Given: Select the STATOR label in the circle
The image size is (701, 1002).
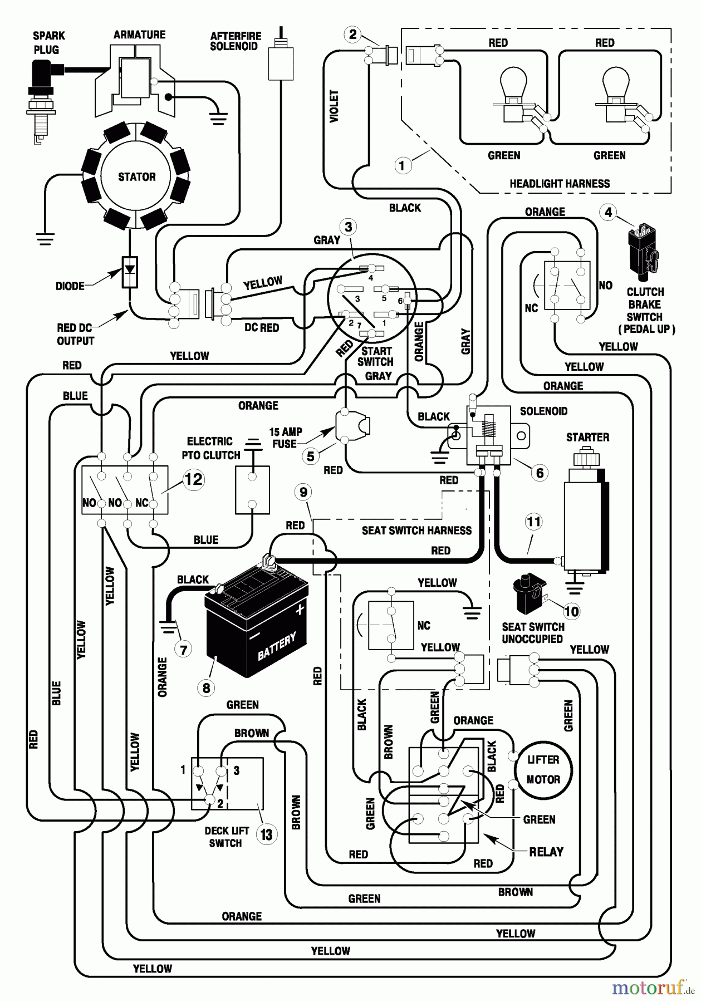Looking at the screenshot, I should (x=136, y=177).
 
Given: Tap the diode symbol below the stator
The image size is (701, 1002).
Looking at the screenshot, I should (x=130, y=271).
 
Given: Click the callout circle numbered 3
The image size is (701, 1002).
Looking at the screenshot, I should (x=349, y=227).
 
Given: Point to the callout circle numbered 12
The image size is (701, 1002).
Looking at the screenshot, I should (x=193, y=479).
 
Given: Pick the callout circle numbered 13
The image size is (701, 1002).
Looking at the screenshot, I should (x=267, y=834).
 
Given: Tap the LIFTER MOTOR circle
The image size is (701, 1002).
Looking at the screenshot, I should (x=543, y=770).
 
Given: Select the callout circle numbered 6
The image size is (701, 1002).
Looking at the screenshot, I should (x=539, y=473).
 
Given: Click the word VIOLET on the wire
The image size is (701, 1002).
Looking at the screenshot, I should (x=334, y=106).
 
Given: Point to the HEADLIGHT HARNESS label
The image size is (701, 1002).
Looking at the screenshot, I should (x=559, y=184).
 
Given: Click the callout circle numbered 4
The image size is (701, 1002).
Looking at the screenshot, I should (x=608, y=212).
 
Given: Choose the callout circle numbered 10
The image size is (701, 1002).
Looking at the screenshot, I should (x=571, y=611).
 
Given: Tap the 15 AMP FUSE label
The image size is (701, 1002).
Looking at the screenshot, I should (x=285, y=438).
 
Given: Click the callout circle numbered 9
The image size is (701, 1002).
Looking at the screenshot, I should (x=303, y=492).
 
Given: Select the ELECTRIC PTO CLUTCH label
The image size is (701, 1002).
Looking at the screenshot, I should (x=210, y=448).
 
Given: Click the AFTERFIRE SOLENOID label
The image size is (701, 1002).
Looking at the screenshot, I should (x=235, y=41).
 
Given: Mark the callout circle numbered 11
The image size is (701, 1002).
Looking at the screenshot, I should (x=533, y=522).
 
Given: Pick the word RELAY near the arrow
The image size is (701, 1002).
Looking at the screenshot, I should (x=546, y=852).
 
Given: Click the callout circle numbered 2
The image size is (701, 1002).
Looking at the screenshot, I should (x=352, y=35).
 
